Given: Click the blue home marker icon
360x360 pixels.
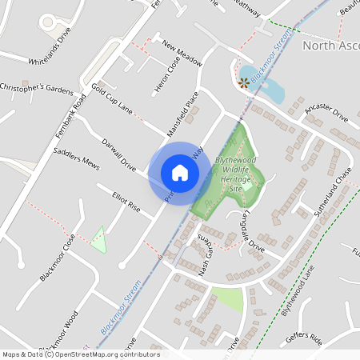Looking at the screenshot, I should [x=180, y=172].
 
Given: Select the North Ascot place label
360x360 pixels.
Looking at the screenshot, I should [x=330, y=46].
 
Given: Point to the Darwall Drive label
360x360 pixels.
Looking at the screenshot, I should [x=118, y=154].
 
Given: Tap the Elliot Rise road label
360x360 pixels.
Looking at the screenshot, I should [x=126, y=199].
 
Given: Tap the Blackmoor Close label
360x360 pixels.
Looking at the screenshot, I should [x=57, y=257].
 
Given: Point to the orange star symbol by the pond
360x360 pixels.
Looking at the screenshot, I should [x=243, y=82].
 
